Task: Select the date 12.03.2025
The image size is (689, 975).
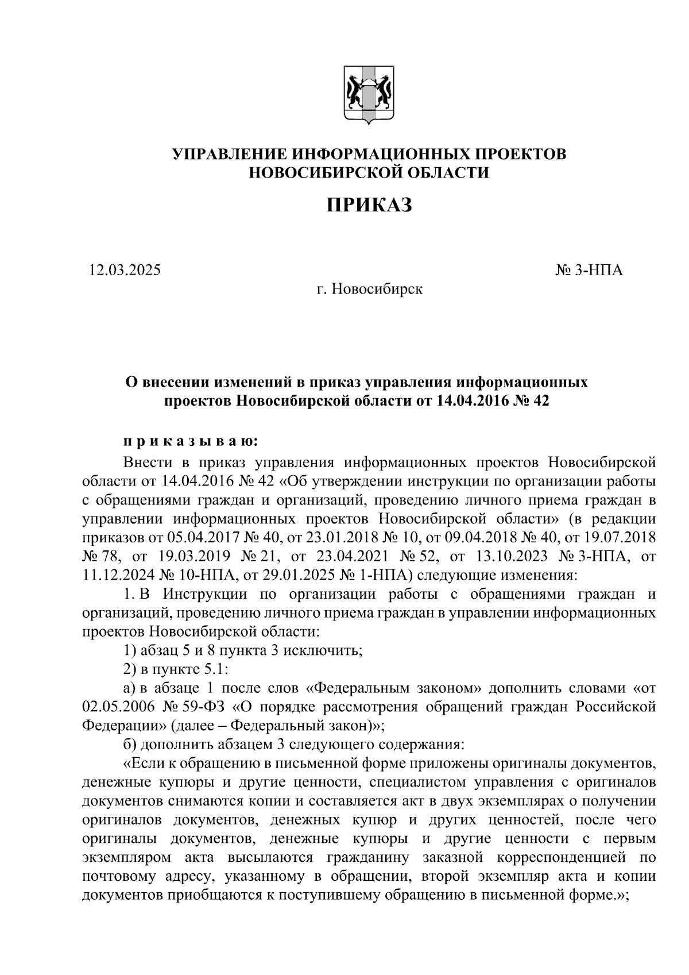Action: tap(125, 269)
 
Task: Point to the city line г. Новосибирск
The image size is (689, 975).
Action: tap(370, 288)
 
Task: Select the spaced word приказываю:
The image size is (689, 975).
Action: tap(191, 442)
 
